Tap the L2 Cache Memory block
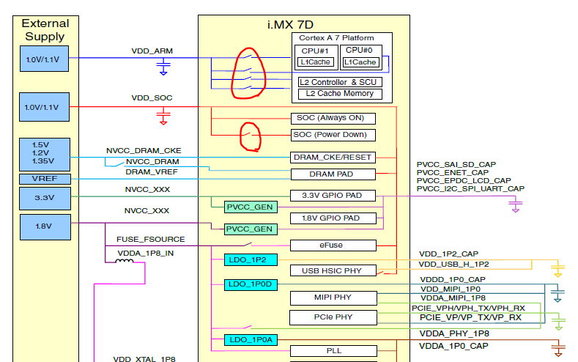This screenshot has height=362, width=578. [x=340, y=94]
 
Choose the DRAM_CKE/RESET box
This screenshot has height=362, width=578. [x=333, y=157]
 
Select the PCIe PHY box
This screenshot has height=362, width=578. [x=333, y=317]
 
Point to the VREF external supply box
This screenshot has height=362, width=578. [x=45, y=179]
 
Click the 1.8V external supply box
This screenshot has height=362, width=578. [x=45, y=226]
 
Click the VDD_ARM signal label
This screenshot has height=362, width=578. [x=152, y=51]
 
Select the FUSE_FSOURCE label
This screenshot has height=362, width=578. [x=151, y=239]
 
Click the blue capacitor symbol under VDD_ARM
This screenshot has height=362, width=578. [x=163, y=68]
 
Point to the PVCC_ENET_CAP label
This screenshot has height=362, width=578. [x=452, y=172]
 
